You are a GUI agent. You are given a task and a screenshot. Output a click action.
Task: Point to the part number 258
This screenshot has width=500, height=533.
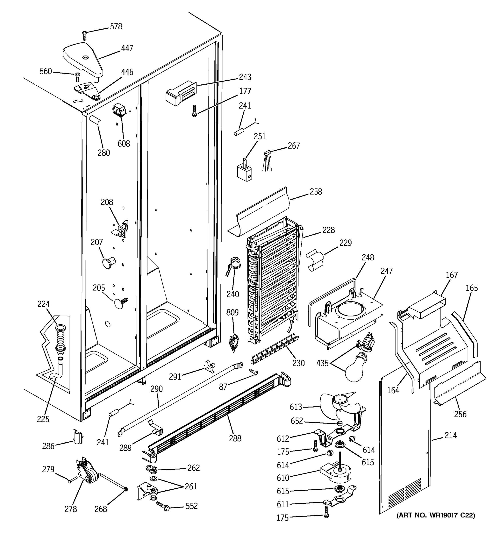[316, 192]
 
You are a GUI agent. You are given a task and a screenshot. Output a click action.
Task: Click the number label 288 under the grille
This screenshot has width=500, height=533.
[235, 438]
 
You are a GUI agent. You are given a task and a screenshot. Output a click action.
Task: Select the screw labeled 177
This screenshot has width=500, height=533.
[194, 110]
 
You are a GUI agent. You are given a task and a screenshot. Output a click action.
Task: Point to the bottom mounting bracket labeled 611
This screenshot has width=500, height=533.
[340, 500]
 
